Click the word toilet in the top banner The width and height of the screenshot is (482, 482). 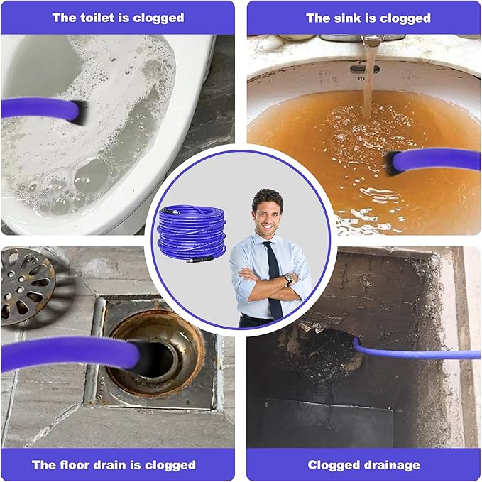pyautogui.click(x=97, y=18)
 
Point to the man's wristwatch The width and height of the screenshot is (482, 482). pyautogui.click(x=288, y=278)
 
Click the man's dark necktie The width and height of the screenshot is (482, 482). pyautogui.click(x=273, y=278)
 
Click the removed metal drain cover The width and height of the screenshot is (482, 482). pyautogui.click(x=27, y=287)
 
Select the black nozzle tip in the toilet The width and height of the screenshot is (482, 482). pyautogui.click(x=80, y=112)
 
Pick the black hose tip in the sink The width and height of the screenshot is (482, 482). pyautogui.click(x=390, y=163)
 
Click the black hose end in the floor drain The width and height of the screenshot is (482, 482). pyautogui.click(x=145, y=358)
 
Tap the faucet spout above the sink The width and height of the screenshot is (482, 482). pyautogui.click(x=373, y=40)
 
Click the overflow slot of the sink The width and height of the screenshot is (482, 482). pyautogui.click(x=365, y=69)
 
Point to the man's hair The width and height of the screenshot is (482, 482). pyautogui.click(x=267, y=198)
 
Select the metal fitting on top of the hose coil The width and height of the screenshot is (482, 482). pyautogui.click(x=170, y=212)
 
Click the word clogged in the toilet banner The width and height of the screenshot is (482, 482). pyautogui.click(x=158, y=18)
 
